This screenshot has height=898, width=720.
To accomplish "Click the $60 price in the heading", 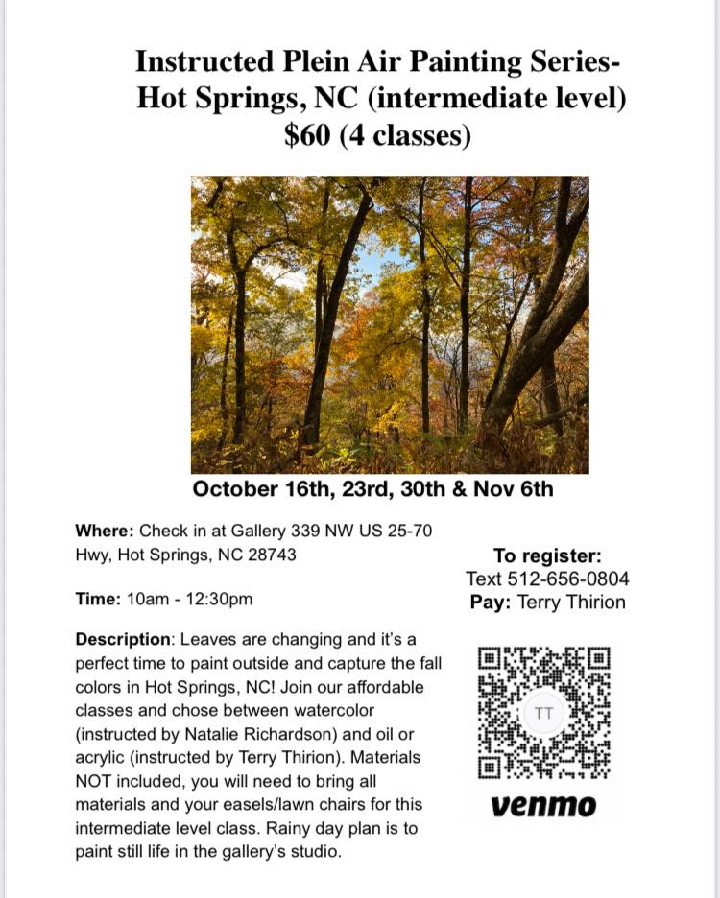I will pos(310,135).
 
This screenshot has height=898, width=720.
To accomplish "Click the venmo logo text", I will pos(542,805).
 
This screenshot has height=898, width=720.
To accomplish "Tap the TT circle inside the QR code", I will pos(543,714).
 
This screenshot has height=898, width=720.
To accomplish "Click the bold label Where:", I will pos(105,531).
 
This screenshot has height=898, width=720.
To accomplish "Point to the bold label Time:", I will pos(98,599).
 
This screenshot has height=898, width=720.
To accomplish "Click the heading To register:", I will pos(547,555).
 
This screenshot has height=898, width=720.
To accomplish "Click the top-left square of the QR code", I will pos(490,660).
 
